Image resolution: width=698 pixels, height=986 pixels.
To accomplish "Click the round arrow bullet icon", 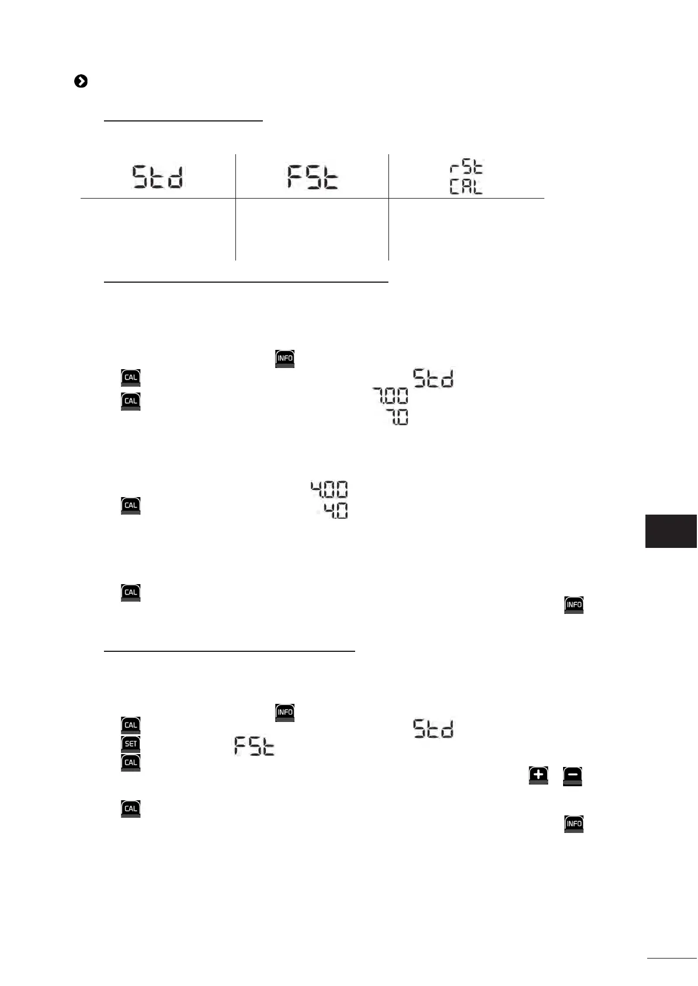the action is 81,82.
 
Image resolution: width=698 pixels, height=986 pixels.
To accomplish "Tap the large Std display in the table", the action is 158,177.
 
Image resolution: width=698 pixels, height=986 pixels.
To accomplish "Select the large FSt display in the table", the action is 312,177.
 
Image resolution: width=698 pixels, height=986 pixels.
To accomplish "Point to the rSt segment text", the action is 466,168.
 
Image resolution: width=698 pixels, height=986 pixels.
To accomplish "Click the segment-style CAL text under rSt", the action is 466,188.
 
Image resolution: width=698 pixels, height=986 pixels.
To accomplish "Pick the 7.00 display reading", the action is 391,397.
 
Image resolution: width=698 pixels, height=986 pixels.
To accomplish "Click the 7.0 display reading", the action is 399,417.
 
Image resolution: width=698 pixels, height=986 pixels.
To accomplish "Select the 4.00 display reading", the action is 329,489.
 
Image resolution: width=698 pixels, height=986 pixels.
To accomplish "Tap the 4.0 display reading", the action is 336,510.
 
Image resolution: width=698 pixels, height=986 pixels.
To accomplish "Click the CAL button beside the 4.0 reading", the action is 131,505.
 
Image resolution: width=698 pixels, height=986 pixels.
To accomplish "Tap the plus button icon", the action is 538,775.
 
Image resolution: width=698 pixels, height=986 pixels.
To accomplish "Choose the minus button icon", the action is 573,775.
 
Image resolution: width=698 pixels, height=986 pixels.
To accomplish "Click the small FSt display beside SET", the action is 254,746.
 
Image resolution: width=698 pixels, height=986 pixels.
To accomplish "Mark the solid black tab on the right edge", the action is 671,531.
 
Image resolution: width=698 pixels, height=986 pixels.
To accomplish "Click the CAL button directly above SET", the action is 131,725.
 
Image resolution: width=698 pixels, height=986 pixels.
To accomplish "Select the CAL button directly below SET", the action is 131,763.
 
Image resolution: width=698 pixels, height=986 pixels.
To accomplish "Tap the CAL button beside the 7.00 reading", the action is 131,401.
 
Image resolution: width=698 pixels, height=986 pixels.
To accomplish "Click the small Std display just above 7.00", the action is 433,379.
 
